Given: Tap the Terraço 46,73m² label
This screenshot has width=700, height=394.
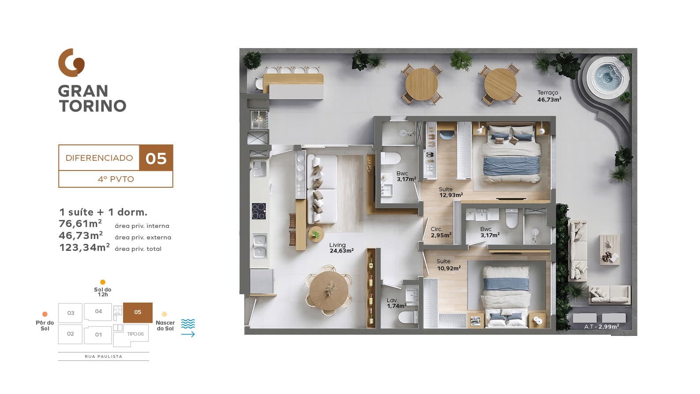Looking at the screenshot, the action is [549, 96].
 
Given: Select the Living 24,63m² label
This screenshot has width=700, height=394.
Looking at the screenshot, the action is [341, 247].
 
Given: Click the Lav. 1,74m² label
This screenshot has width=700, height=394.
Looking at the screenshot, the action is [397, 303].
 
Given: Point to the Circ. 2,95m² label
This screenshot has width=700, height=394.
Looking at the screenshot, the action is [441, 232].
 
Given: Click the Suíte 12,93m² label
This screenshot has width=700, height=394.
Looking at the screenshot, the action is [451, 192].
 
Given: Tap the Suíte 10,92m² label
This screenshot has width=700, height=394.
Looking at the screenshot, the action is [449, 265].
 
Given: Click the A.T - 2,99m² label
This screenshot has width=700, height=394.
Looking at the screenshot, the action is [602, 326].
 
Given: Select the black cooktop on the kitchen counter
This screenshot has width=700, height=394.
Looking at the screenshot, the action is [259, 211].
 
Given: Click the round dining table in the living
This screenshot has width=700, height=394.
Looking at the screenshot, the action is [329, 290].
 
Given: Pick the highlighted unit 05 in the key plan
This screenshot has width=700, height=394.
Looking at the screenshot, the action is [138, 312].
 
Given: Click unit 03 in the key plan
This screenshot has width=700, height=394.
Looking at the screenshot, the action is [71, 313].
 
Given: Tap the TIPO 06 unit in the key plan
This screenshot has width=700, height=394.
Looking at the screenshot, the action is [135, 334].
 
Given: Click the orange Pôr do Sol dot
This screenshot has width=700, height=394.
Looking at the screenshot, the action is [45, 314].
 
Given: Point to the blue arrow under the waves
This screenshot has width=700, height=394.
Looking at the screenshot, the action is [188, 334].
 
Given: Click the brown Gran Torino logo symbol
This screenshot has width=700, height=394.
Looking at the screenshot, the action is [71, 63].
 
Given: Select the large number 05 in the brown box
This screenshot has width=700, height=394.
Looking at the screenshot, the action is [156, 158].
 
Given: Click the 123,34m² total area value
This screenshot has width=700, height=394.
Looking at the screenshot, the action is [84, 247].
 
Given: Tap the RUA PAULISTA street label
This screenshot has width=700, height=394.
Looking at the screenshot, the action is [104, 356].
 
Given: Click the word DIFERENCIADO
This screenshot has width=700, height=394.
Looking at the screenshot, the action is [99, 158].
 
